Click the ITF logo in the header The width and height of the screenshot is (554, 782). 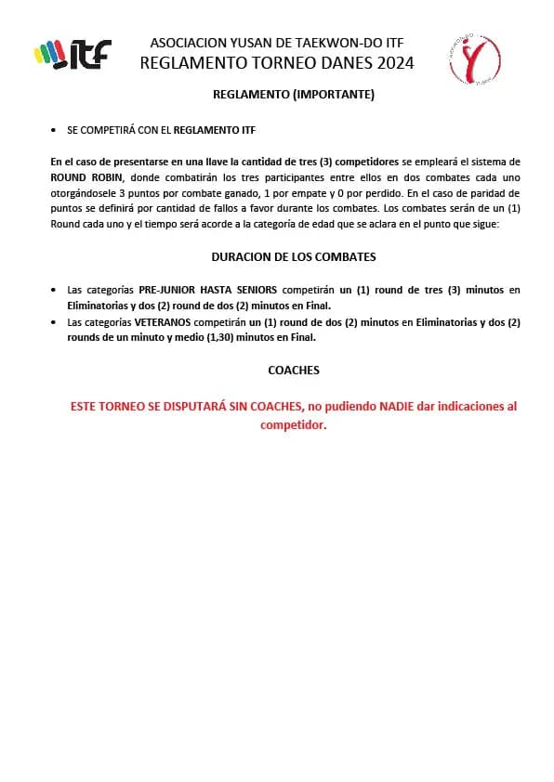pos(72,54)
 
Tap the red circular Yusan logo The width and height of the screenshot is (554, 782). pos(474,60)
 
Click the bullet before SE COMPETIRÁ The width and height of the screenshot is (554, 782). pos(55,131)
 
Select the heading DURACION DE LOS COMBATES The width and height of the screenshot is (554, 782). pos(293,256)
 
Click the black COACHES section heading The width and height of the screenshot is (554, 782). pos(293,370)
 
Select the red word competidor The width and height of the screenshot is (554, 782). pos(293,424)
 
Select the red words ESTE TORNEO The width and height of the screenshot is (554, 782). pos(108,407)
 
